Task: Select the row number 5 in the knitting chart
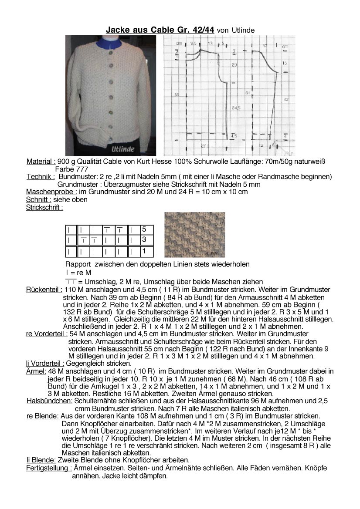[144, 229]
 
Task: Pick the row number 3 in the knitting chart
[144, 240]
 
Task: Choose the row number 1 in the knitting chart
[144, 251]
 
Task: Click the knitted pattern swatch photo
[194, 234]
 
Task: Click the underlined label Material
[41, 162]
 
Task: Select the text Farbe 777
[71, 169]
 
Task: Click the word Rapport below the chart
[78, 264]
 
